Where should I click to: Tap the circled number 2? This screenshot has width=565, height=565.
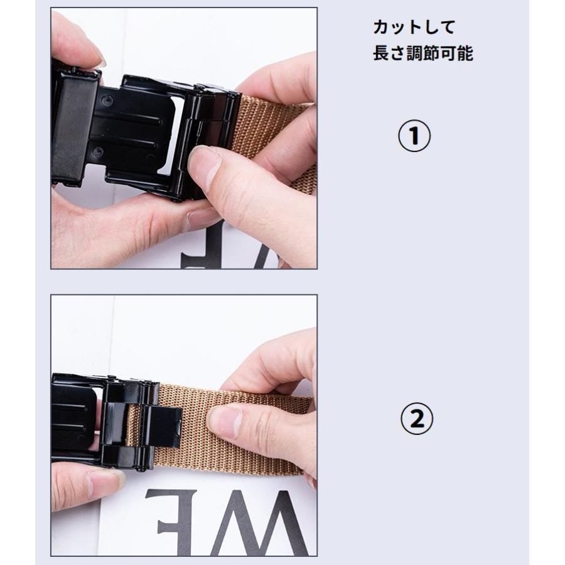coord(417,419)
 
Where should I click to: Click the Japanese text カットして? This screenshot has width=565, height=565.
coord(414,28)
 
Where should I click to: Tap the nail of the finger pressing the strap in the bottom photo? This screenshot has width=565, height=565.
coord(225,421)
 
